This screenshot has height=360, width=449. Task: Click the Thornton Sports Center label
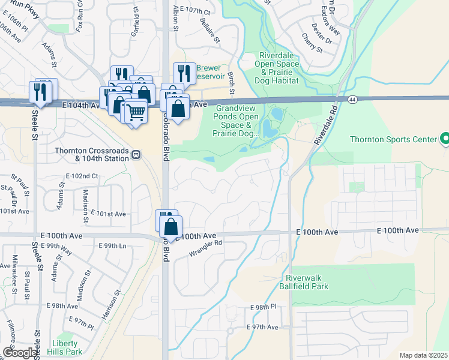coord(394,140)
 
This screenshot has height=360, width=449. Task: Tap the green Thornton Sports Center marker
coord(445,139)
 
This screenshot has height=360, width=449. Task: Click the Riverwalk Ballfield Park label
coord(307,283)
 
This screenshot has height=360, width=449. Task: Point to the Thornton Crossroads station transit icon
coord(137,154)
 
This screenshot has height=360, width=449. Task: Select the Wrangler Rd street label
coord(205,248)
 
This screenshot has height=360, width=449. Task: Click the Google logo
coord(20,353)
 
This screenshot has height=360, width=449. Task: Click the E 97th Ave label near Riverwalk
coord(263,327)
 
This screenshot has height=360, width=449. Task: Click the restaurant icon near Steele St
coord(40,91)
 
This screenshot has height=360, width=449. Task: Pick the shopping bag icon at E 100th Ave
coord(171,227)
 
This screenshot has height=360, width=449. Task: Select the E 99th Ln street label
coord(112,246)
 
